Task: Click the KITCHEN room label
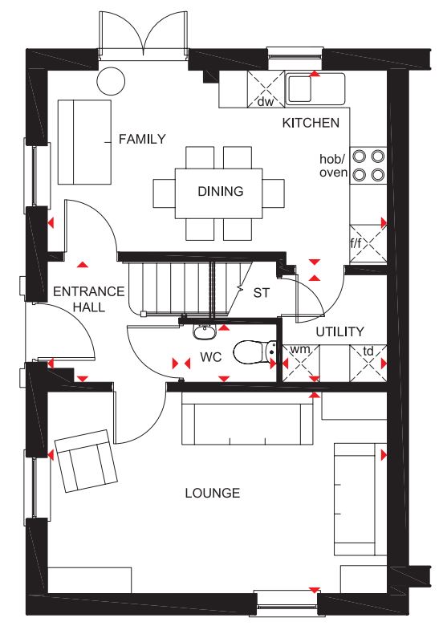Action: [311, 123]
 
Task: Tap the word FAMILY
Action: [142, 139]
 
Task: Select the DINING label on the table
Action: [221, 191]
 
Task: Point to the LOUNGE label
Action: [213, 493]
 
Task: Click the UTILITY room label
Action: [340, 331]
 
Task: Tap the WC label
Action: [211, 357]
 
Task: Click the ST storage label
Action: [262, 293]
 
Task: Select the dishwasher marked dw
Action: [266, 89]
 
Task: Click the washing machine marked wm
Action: [301, 363]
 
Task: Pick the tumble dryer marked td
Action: [368, 363]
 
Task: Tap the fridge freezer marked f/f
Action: [368, 243]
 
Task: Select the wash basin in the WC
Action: [205, 331]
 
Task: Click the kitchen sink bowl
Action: [299, 88]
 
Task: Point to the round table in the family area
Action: [111, 81]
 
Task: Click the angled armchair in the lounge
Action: [86, 461]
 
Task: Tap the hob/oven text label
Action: [333, 165]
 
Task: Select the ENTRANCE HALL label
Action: [89, 299]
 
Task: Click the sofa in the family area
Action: [84, 142]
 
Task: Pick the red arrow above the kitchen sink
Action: [315, 74]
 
